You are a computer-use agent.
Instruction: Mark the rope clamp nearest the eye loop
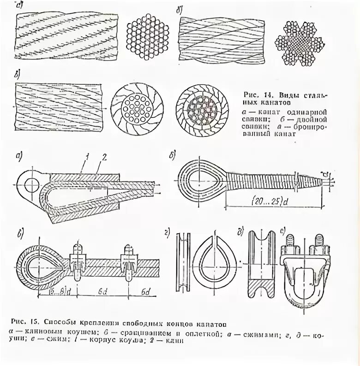[77, 261]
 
